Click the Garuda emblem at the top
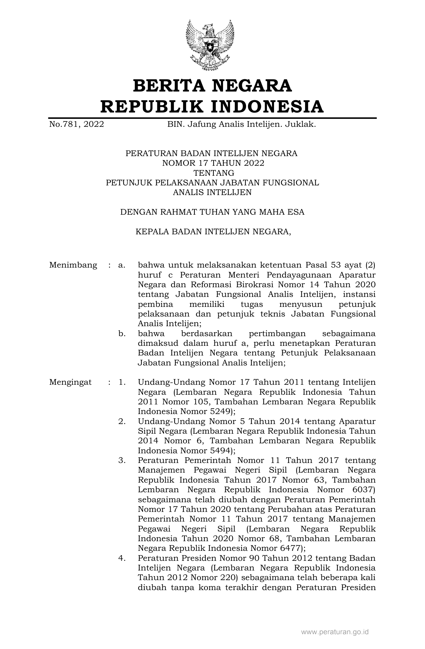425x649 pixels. (x=210, y=45)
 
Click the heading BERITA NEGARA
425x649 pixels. (x=212, y=86)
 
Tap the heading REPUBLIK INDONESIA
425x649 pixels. (x=212, y=107)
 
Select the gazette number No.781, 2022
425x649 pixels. (x=76, y=124)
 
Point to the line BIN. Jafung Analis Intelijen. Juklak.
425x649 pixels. (x=241, y=124)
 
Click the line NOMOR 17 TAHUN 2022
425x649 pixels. (x=213, y=163)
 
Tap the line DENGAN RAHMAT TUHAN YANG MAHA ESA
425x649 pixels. (x=212, y=212)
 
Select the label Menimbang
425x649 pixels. (x=73, y=265)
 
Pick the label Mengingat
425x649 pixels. (x=70, y=382)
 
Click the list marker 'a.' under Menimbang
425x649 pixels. (x=122, y=265)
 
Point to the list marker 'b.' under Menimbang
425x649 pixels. (x=122, y=333)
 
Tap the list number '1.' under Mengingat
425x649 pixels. (x=122, y=382)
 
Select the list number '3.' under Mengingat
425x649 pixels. (x=122, y=460)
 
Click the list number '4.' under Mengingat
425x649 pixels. (x=122, y=558)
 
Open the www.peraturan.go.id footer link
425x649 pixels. (x=335, y=632)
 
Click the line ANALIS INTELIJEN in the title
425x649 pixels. (x=212, y=192)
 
